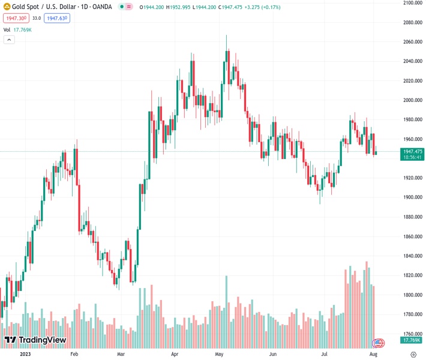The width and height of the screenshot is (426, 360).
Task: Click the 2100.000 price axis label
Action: click(x=413, y=3)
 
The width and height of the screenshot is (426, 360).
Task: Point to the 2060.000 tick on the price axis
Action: click(x=413, y=42)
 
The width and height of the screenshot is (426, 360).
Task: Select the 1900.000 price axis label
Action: click(x=413, y=197)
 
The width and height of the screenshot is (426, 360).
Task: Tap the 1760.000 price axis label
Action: click(x=413, y=334)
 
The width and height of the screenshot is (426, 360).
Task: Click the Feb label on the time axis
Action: click(x=74, y=354)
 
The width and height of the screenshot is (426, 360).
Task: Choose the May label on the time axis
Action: click(x=219, y=354)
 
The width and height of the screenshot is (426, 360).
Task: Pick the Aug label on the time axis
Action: click(x=373, y=354)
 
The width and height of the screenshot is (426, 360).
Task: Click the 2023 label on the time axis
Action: click(x=25, y=354)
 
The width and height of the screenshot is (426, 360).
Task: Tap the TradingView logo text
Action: click(x=42, y=340)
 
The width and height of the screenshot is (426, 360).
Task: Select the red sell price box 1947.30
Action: click(x=14, y=19)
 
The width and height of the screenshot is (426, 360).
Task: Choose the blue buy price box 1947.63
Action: click(x=57, y=19)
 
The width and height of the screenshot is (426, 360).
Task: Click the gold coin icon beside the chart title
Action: click(x=7, y=7)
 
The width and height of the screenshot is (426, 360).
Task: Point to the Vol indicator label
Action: click(x=7, y=29)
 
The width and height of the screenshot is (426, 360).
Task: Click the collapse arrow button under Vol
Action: click(x=9, y=40)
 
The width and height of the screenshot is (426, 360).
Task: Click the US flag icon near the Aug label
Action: click(x=378, y=343)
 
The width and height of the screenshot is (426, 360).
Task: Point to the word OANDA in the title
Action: click(x=101, y=7)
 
